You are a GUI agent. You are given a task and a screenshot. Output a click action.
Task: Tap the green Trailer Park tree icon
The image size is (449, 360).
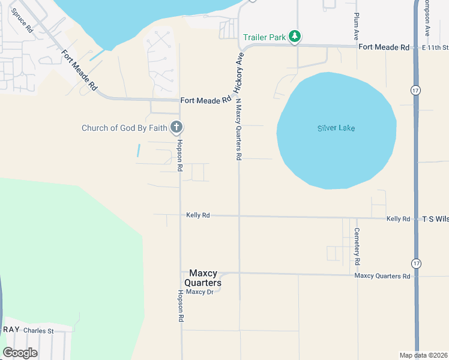coord(294,37)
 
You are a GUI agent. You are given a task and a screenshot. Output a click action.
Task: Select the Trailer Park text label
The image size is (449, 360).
coord(264,37)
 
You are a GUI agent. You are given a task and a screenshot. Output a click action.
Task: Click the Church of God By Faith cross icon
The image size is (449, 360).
coord(176,127)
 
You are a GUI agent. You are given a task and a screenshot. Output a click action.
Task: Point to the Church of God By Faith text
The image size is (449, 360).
coord(125,127)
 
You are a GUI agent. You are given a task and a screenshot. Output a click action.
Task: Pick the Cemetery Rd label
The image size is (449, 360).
coord(357,247)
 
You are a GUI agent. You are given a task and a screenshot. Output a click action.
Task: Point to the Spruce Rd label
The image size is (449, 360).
coord(22,22)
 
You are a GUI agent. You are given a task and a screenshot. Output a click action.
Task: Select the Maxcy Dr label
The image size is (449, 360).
coord(199,292)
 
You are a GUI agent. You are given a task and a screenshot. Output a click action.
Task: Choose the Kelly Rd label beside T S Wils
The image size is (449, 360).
coord(398,219)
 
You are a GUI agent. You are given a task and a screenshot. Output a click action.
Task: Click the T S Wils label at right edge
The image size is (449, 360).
coord(435,219)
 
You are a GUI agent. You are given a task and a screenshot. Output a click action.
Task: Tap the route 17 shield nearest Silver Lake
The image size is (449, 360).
coord(415,89)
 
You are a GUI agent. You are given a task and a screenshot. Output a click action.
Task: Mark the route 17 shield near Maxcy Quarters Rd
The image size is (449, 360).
coord(415,263)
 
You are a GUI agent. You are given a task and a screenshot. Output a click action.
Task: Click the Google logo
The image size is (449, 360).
coord(20,353)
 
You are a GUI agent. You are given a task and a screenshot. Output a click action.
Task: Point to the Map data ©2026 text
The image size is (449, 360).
coord(423,355)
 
